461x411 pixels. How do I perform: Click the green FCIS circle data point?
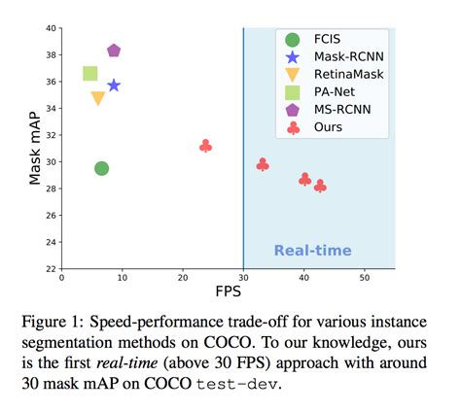coord(101,168)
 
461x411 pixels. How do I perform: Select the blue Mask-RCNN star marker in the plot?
coord(114,86)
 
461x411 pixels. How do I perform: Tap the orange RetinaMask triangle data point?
coord(97,98)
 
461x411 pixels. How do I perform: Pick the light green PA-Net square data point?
coord(90,73)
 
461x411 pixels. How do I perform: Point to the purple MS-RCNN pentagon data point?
coord(114,51)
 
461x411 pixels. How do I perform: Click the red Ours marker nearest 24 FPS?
coord(205,146)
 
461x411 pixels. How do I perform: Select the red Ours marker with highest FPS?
coord(320,186)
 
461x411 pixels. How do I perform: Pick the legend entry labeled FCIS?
coord(328,39)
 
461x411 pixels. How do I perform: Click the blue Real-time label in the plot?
coord(312,250)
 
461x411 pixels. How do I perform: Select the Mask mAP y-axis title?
coord(35,148)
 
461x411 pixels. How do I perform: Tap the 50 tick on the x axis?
coord(364,278)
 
